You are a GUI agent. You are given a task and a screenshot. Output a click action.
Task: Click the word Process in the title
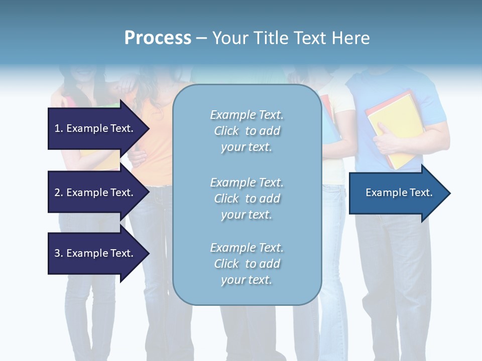(158, 38)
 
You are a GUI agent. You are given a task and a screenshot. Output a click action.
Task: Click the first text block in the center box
(247, 131)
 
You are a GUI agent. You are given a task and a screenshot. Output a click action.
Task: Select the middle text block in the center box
(247, 199)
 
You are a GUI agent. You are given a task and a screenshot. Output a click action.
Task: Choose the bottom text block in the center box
(247, 264)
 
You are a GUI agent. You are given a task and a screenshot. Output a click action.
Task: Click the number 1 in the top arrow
(57, 128)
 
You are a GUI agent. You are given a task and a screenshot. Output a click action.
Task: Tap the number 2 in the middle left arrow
(57, 193)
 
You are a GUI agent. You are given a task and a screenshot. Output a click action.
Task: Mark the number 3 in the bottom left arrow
(57, 253)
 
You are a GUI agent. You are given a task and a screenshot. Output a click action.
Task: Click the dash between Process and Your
(202, 39)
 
